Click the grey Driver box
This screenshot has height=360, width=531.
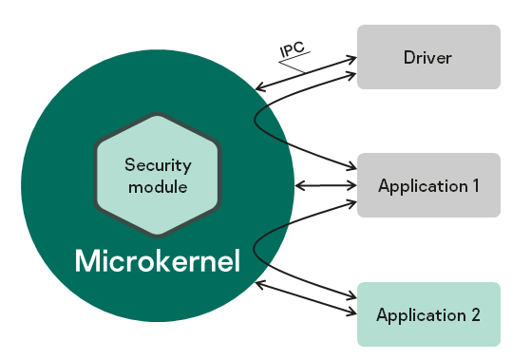point(427,57)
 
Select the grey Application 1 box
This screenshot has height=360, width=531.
point(427,185)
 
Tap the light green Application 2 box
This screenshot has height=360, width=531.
point(427,314)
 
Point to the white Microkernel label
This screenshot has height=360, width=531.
point(157,259)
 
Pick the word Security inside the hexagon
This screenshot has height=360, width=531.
point(158,164)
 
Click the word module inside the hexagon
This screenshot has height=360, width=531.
point(158,187)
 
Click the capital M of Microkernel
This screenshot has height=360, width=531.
point(86,259)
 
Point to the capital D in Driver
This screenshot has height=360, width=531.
point(408,58)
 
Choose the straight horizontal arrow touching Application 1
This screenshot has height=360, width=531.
point(325,185)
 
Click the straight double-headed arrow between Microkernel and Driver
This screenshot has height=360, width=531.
point(306,74)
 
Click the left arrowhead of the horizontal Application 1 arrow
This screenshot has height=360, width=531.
point(299,185)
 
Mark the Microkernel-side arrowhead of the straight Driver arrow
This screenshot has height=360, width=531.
point(259,89)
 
